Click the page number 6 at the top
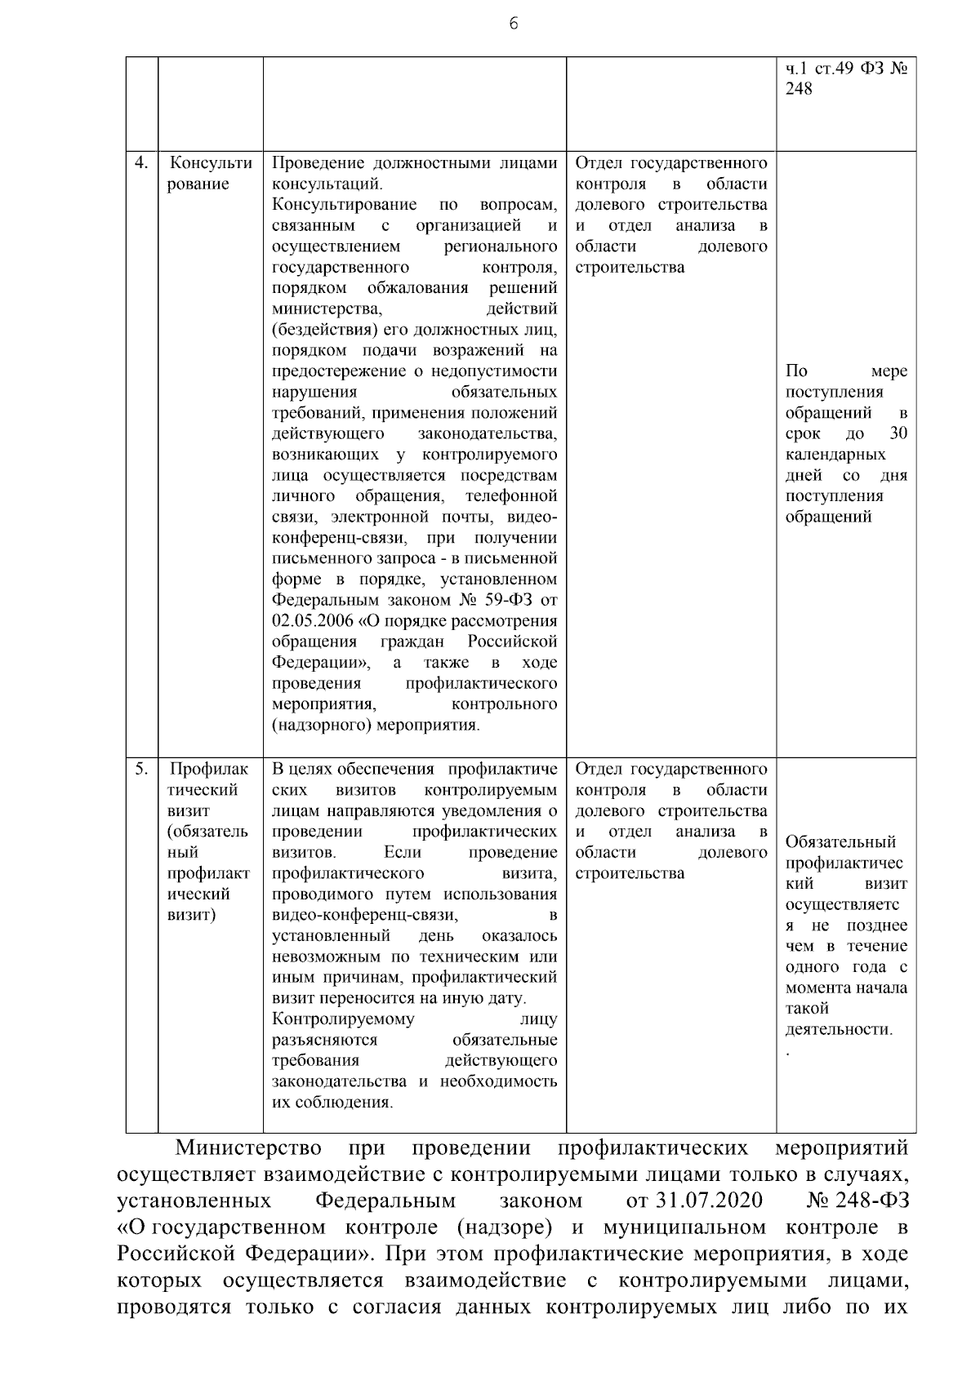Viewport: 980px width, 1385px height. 513,24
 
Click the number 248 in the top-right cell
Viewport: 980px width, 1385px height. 799,89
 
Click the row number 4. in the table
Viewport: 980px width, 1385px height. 141,162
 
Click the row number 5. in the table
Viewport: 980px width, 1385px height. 141,769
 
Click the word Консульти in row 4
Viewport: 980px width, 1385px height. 210,163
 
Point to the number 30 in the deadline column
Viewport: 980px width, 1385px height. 898,433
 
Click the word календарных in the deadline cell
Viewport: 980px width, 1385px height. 835,455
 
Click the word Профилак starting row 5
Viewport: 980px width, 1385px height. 208,769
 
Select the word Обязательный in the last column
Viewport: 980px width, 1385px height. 840,842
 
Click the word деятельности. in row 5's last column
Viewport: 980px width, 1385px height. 839,1029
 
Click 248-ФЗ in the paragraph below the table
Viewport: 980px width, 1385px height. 871,1201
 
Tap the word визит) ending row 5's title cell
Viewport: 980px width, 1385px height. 191,915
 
